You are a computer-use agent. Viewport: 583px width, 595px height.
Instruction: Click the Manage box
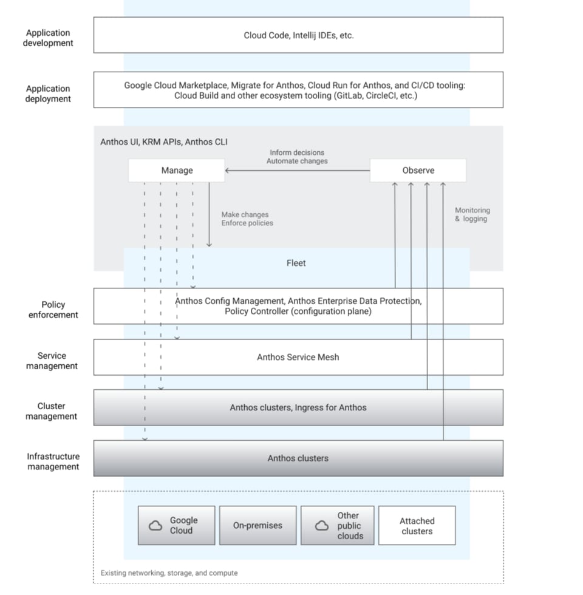point(177,171)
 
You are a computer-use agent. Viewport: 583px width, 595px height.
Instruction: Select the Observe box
point(418,171)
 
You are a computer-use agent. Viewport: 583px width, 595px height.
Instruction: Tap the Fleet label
point(296,263)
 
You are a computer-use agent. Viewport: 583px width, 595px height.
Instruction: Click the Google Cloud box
point(177,525)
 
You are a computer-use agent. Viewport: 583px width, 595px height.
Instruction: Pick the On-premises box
point(257,525)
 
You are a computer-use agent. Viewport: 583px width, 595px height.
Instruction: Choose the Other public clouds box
point(338,525)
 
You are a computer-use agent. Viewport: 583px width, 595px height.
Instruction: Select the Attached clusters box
point(417,525)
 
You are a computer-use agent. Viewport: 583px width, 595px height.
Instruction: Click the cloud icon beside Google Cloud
point(155,526)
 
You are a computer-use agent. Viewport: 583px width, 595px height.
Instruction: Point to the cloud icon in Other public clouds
point(322,526)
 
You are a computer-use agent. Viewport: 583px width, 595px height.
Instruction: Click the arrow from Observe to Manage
point(298,171)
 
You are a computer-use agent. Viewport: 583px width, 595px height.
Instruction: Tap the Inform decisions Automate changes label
point(297,157)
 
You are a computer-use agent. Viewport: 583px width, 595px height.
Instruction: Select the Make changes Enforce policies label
point(247,219)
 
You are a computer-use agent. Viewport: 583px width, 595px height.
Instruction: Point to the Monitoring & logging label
point(472,214)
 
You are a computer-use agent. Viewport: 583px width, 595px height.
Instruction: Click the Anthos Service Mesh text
point(298,357)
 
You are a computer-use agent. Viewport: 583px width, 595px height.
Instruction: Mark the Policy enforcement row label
point(53,310)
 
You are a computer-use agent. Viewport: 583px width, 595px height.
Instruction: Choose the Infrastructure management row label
point(53,461)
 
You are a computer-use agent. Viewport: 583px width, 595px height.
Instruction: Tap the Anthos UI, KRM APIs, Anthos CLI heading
point(164,142)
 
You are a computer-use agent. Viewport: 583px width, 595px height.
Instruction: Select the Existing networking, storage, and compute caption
point(169,573)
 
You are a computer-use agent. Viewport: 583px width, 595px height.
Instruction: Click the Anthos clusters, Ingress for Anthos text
point(298,407)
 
